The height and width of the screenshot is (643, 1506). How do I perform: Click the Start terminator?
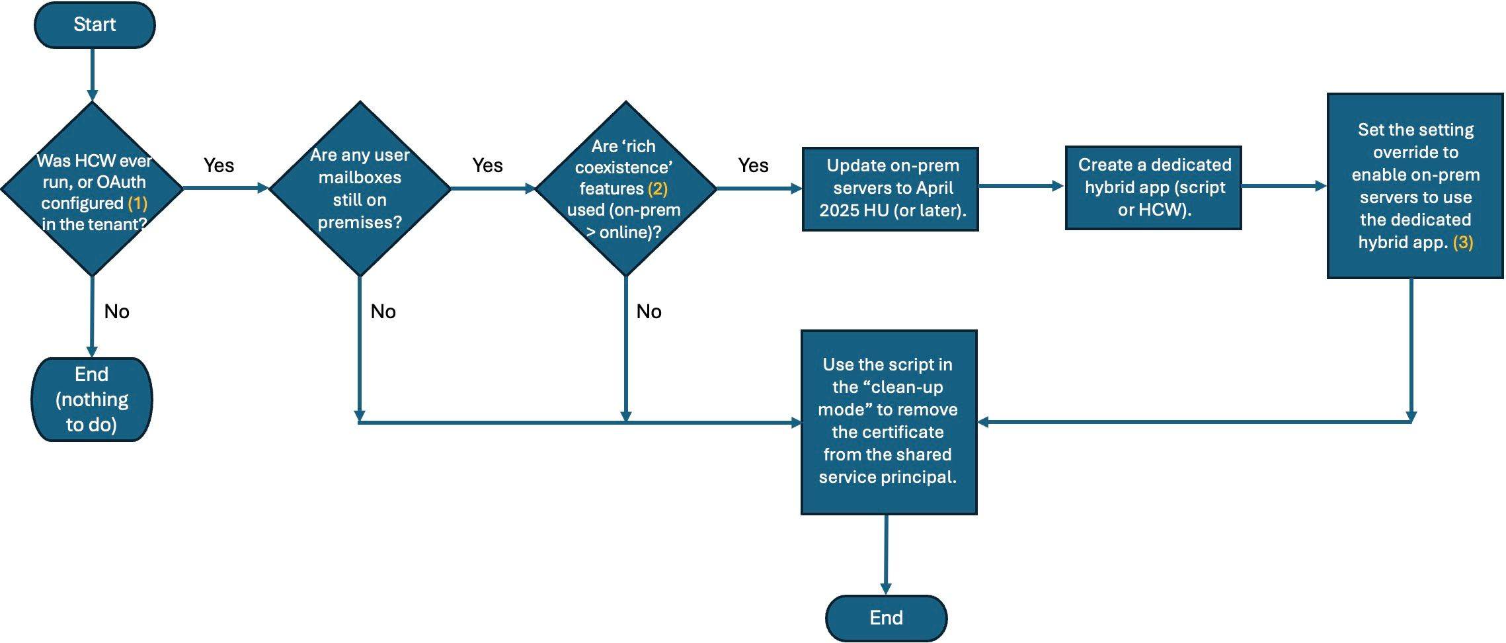point(95,25)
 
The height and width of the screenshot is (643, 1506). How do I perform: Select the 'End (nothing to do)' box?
point(92,400)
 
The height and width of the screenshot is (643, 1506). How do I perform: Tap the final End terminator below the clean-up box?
point(886,618)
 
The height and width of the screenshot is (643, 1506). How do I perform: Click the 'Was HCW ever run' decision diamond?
point(93,189)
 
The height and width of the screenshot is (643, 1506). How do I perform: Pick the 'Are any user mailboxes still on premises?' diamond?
point(360,189)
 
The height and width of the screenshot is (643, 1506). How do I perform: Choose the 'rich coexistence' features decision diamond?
point(625,189)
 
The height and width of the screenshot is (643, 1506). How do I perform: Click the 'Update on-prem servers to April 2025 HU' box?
point(890,189)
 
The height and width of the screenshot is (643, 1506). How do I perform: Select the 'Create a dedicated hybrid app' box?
point(1154,188)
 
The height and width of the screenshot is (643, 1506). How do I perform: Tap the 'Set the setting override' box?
point(1415,186)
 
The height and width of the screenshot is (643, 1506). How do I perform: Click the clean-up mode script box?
point(889,422)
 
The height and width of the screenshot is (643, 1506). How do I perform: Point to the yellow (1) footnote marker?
point(138,203)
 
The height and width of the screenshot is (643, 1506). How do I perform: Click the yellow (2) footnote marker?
point(657,189)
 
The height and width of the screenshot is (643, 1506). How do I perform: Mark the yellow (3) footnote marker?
point(1463,242)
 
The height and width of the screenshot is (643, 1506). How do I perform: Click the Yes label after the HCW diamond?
point(219,165)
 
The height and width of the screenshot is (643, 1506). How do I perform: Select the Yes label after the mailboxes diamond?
point(487,165)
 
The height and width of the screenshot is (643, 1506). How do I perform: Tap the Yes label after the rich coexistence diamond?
point(753,165)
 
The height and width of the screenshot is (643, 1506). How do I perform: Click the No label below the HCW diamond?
point(117,312)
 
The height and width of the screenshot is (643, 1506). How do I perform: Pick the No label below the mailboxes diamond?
point(383,312)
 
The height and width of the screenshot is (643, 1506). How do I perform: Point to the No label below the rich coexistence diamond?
point(649,312)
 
